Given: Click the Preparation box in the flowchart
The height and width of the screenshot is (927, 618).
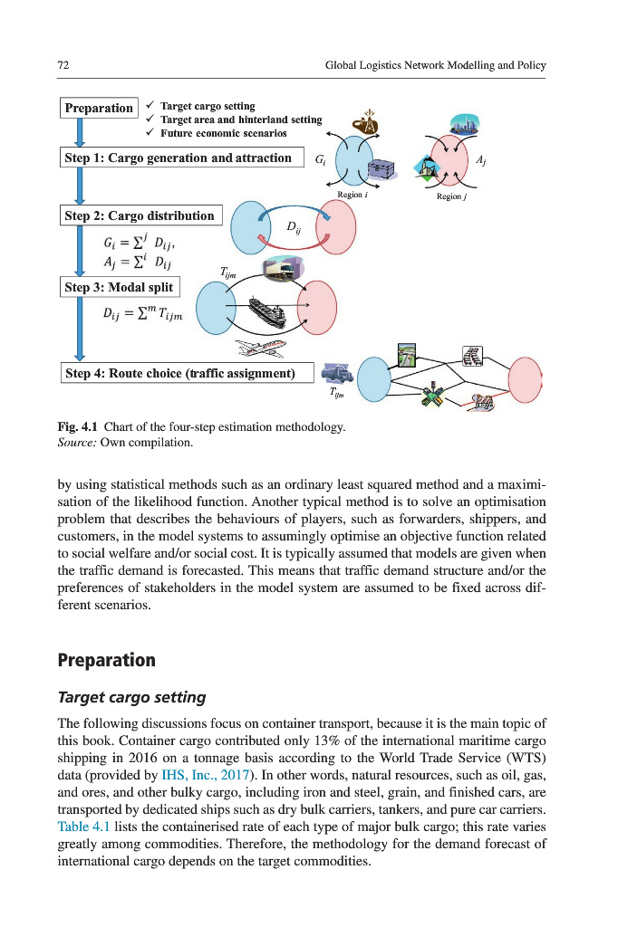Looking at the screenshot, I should (99, 108).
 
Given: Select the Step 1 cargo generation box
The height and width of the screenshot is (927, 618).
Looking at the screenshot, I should (180, 158).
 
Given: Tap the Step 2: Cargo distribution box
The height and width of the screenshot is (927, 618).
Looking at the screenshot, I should (140, 215).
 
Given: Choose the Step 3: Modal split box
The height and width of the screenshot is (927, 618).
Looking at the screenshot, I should (119, 287).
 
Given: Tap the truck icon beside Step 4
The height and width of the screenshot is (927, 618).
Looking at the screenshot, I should (335, 371).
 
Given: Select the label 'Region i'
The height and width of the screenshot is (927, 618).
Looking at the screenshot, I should (352, 195).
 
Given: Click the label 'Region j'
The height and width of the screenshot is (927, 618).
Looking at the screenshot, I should (450, 196).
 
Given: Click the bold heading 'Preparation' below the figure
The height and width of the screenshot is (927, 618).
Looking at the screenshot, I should (106, 659).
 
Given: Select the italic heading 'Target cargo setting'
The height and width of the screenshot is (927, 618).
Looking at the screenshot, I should (131, 697).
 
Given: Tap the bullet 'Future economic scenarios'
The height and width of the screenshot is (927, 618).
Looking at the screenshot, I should (223, 132).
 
